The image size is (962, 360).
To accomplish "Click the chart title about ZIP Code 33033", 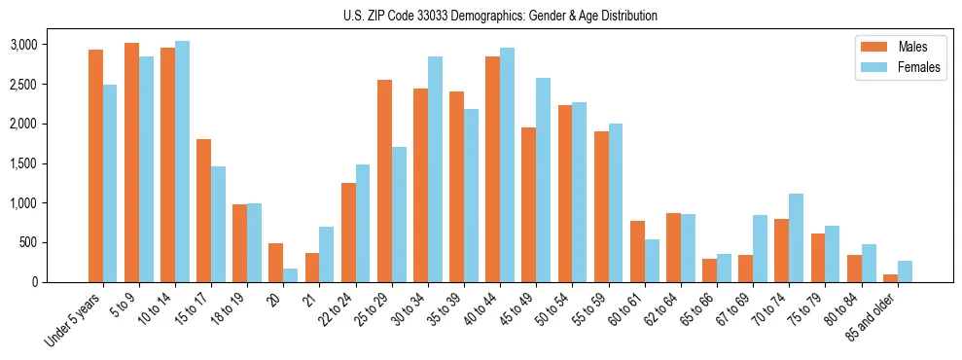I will (500, 16).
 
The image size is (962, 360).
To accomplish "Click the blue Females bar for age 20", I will (291, 275).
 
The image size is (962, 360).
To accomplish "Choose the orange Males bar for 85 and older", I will (890, 278).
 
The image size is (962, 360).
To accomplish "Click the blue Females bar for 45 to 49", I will (544, 180).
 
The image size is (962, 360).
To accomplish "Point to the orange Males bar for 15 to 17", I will (204, 211).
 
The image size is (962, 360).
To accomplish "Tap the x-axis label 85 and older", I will (872, 318).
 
